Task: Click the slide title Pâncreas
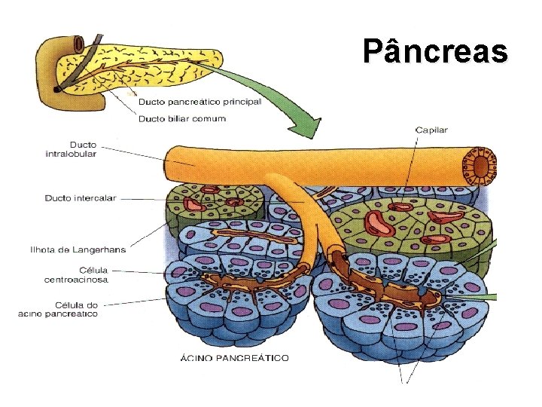[x=434, y=51]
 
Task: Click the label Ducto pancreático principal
[x=199, y=103]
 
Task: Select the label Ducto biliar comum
[x=181, y=119]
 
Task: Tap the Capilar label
[x=431, y=130]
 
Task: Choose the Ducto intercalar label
[x=81, y=198]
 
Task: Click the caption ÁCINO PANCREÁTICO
[x=234, y=358]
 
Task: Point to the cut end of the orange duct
[x=480, y=166]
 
